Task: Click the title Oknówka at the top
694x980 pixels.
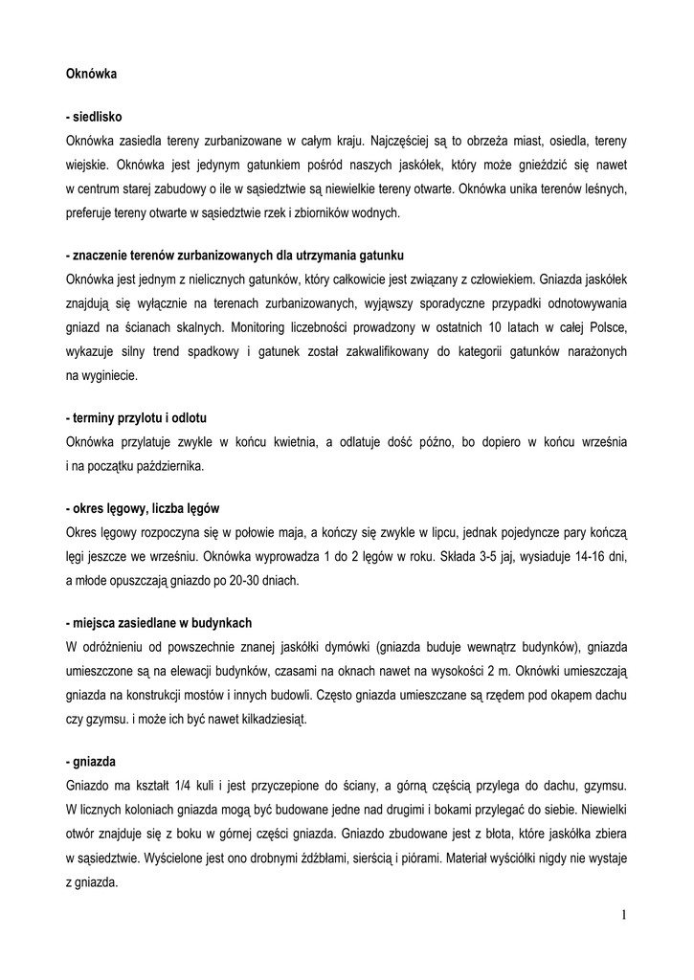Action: (91, 72)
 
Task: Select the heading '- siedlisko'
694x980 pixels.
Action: (94, 116)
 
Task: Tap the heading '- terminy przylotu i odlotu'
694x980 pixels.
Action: (137, 419)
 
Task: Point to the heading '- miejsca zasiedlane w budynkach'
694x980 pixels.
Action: (159, 620)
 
